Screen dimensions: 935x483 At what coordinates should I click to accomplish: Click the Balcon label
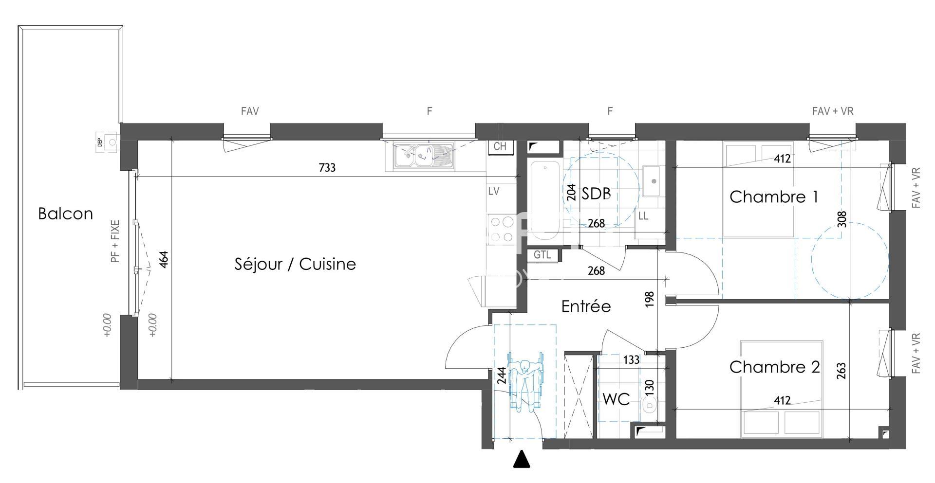tap(65, 214)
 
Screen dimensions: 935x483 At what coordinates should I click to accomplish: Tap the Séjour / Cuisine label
tap(295, 264)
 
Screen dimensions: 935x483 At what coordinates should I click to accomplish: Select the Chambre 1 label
tap(773, 197)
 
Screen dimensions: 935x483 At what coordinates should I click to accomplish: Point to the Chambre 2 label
tap(774, 367)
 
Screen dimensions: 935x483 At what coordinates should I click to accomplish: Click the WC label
tap(616, 399)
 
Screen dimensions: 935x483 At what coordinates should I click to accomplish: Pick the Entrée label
tap(586, 306)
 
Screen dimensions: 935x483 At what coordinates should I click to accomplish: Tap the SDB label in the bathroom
tap(596, 194)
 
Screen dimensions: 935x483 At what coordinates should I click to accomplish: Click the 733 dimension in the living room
tap(327, 168)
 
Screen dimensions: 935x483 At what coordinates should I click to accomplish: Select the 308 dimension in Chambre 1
tap(843, 219)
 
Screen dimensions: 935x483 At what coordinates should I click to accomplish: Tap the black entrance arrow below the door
tap(521, 459)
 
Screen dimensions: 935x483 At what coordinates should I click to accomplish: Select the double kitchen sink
tap(419, 157)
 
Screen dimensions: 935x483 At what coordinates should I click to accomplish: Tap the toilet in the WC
tap(651, 404)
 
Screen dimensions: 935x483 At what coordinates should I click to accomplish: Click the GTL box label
tap(542, 255)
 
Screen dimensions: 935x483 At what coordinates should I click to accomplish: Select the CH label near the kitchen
tap(500, 146)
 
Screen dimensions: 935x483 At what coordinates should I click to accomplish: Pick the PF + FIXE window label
tap(115, 241)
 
